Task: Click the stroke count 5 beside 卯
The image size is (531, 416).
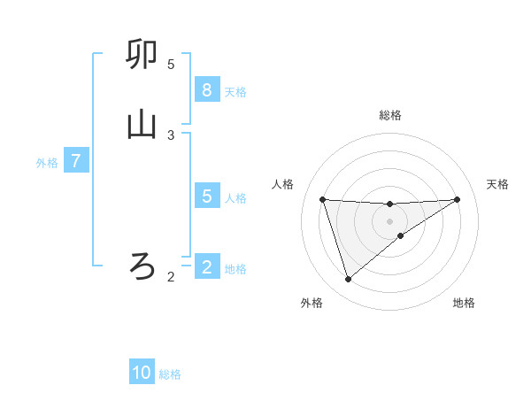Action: pyautogui.click(x=171, y=65)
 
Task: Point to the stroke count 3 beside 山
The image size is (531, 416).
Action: pyautogui.click(x=171, y=135)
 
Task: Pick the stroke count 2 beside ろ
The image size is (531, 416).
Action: pyautogui.click(x=171, y=277)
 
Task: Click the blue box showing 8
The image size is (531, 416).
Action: pyautogui.click(x=206, y=90)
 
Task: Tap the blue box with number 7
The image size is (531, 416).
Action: pyautogui.click(x=76, y=162)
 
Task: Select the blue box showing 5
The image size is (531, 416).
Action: pyautogui.click(x=206, y=196)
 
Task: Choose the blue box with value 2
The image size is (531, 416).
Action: pyautogui.click(x=206, y=267)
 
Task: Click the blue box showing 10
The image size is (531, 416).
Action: pyautogui.click(x=142, y=373)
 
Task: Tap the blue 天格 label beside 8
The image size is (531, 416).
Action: pyautogui.click(x=235, y=91)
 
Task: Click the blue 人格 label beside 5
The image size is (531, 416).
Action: pyautogui.click(x=235, y=197)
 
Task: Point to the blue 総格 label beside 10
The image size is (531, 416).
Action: pyautogui.click(x=170, y=374)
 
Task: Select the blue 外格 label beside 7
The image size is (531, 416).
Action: pyautogui.click(x=47, y=163)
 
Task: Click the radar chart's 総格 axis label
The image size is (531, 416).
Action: pyautogui.click(x=389, y=115)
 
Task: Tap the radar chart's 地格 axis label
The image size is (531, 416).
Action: pyautogui.click(x=464, y=304)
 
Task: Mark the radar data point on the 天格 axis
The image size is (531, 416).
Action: pyautogui.click(x=457, y=199)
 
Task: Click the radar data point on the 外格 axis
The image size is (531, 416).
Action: pyautogui.click(x=348, y=280)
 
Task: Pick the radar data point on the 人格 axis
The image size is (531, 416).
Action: pyautogui.click(x=323, y=199)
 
